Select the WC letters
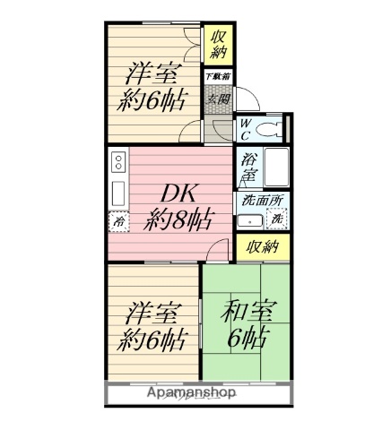click(243, 131)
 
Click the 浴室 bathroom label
click(248, 168)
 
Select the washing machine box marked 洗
click(277, 219)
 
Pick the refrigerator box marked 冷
click(118, 220)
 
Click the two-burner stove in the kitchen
click(118, 163)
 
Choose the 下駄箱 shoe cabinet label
click(218, 77)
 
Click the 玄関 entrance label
click(218, 98)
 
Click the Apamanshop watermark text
click(191, 392)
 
